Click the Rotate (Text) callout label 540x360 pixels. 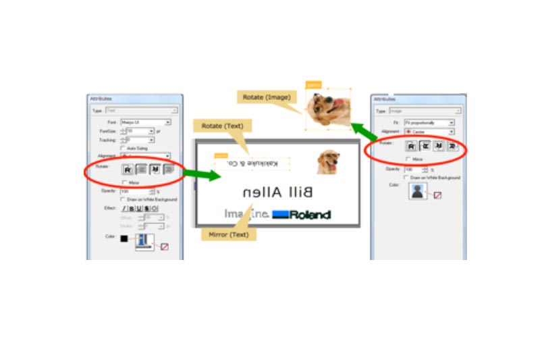(222, 126)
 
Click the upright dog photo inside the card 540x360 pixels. (328, 162)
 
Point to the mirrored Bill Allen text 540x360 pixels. (277, 192)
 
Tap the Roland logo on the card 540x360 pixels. (301, 215)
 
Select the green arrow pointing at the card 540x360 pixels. (202, 175)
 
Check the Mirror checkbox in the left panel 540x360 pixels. (123, 182)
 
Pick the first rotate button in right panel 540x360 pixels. (410, 146)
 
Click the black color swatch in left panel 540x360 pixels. (124, 238)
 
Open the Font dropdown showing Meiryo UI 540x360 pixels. (145, 122)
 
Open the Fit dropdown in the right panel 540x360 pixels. (429, 123)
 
